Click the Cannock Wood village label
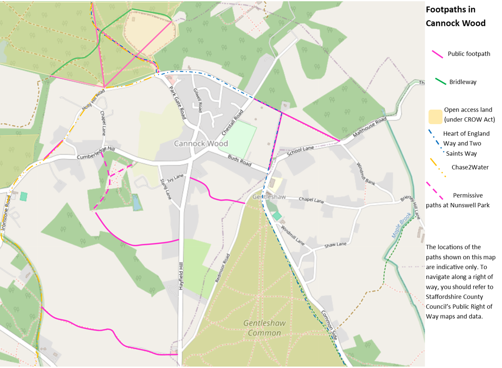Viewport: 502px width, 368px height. [x=200, y=143]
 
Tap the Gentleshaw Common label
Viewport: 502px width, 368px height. [x=262, y=328]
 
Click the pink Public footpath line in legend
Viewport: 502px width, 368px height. [x=437, y=54]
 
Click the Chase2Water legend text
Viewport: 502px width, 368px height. [x=470, y=167]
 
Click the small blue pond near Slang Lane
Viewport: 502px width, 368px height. [x=137, y=201]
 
